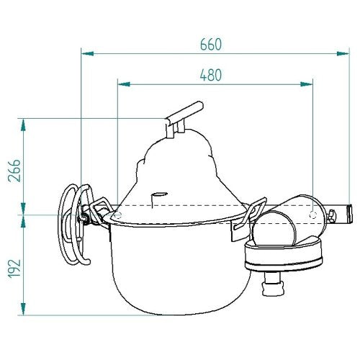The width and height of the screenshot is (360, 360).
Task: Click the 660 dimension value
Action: click(x=211, y=45)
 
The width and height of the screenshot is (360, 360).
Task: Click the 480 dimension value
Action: click(x=211, y=75)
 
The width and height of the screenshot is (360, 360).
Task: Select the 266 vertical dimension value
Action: click(x=14, y=171)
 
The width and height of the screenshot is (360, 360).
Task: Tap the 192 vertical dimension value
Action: click(x=14, y=269)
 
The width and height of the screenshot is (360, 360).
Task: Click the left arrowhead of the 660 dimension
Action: click(x=88, y=53)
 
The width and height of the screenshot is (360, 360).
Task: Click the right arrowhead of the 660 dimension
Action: click(x=343, y=53)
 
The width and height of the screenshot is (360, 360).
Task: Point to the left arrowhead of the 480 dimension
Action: click(x=124, y=84)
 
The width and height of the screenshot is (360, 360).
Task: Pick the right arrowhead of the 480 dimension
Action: click(x=307, y=84)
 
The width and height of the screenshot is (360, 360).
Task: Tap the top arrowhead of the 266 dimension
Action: click(x=23, y=125)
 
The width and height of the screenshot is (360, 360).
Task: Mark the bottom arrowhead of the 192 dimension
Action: click(x=23, y=309)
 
